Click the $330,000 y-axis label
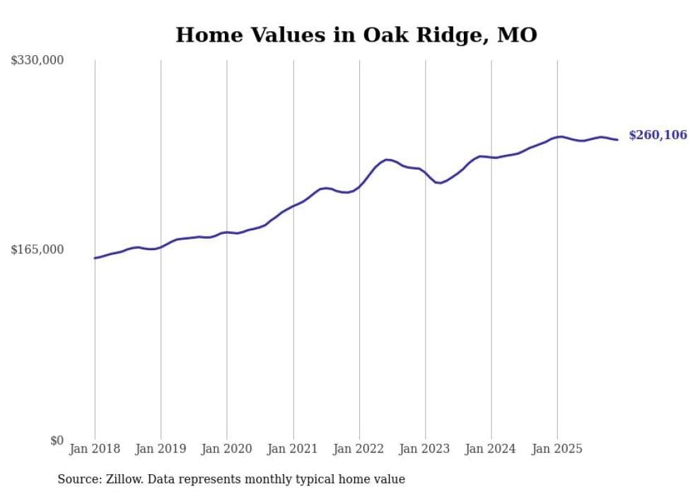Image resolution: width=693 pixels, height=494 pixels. click(x=37, y=61)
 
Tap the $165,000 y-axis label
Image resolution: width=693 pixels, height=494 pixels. click(x=37, y=249)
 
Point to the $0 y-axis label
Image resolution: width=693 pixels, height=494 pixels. click(x=57, y=440)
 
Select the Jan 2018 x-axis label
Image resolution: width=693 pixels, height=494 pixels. click(x=95, y=449)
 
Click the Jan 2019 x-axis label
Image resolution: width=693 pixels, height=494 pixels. click(x=161, y=449)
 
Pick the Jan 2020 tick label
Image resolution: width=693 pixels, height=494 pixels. click(x=227, y=449)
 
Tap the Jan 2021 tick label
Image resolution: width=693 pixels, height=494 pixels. click(x=293, y=449)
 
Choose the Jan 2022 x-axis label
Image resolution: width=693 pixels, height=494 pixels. click(x=359, y=449)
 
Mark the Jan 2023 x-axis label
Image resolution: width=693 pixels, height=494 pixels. click(x=425, y=449)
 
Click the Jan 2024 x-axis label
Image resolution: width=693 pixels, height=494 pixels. click(x=491, y=449)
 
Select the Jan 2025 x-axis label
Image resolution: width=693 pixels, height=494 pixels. click(x=557, y=449)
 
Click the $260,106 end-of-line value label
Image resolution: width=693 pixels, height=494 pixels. click(x=658, y=135)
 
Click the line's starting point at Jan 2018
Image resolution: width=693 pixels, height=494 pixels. click(x=95, y=258)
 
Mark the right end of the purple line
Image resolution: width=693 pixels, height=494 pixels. click(x=618, y=140)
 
